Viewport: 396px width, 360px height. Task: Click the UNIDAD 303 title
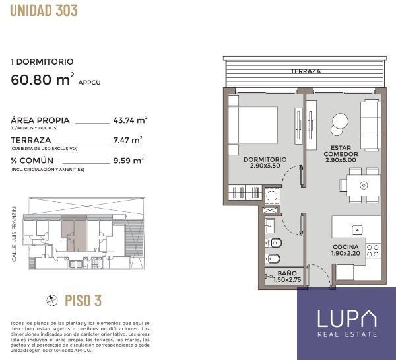44,11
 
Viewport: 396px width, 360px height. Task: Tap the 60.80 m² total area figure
42,79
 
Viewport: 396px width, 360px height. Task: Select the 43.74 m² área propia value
130,120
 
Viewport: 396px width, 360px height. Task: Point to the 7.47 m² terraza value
128,140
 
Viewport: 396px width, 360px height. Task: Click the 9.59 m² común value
128,161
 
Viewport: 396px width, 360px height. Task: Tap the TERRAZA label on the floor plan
306,71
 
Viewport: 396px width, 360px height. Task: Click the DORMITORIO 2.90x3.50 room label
265,162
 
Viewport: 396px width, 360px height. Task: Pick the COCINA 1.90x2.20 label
345,250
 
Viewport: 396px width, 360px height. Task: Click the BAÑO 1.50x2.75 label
287,277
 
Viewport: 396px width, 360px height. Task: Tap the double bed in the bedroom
253,126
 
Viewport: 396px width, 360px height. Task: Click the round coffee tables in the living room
339,124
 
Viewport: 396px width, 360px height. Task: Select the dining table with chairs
360,186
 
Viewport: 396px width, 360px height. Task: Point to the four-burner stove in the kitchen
374,250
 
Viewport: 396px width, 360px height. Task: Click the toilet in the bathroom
273,243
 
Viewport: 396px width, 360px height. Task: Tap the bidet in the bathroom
273,259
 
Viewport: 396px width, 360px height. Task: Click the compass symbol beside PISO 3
52,301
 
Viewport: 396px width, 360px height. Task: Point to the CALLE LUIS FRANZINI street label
14,234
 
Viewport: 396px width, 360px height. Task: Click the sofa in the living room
370,125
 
